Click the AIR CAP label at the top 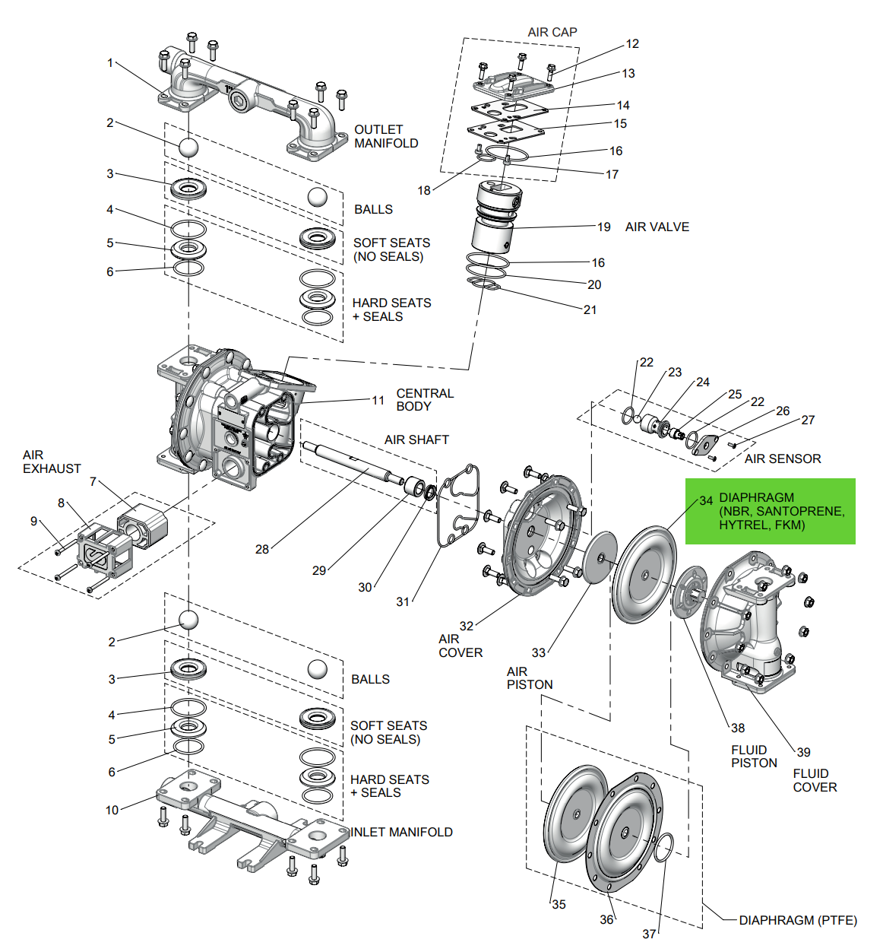[x=552, y=32]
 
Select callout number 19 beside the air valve [x=603, y=227]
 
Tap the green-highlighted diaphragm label [x=770, y=511]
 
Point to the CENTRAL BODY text [x=424, y=400]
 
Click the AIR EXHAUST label [x=51, y=462]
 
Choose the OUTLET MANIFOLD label [x=385, y=136]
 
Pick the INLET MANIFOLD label [x=401, y=832]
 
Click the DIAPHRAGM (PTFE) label [x=797, y=920]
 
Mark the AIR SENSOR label [x=782, y=459]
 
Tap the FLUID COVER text [x=814, y=780]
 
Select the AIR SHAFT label [x=416, y=440]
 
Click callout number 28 [x=261, y=549]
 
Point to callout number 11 [x=378, y=400]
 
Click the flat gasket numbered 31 [x=458, y=505]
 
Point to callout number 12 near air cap [x=632, y=44]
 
